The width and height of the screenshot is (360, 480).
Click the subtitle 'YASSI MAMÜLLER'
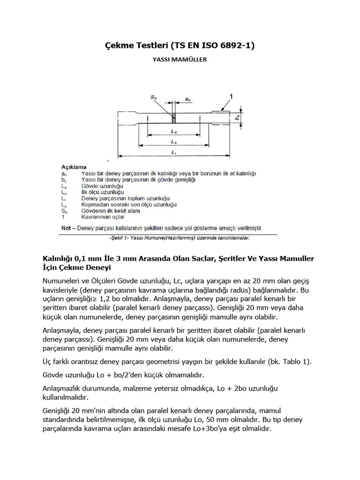click(x=180, y=60)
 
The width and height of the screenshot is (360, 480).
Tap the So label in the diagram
click(x=154, y=97)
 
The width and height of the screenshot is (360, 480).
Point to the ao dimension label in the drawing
click(x=187, y=99)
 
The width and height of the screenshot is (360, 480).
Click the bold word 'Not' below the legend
click(x=67, y=228)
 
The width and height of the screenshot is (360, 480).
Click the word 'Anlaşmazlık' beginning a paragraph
click(x=65, y=389)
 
